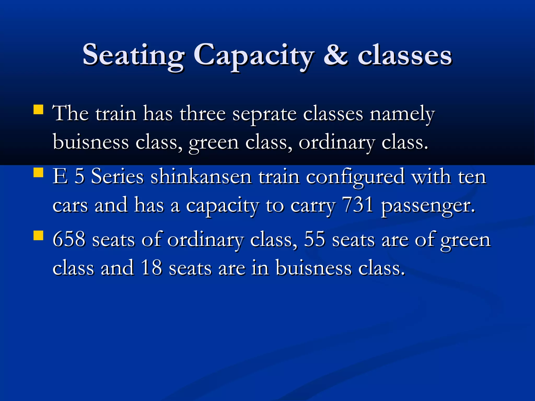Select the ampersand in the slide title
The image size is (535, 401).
[x=336, y=55]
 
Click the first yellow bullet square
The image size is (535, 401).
[x=38, y=110]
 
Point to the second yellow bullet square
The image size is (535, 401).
[x=38, y=173]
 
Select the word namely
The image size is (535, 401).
[x=402, y=114]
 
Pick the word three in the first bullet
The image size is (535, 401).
[x=203, y=114]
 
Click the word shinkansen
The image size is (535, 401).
[x=201, y=177]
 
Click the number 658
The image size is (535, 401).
[x=69, y=239]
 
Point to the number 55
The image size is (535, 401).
[x=315, y=239]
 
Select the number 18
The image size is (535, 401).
[x=151, y=268]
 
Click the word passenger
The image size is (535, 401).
[x=427, y=206]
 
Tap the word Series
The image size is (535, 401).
[x=117, y=177]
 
